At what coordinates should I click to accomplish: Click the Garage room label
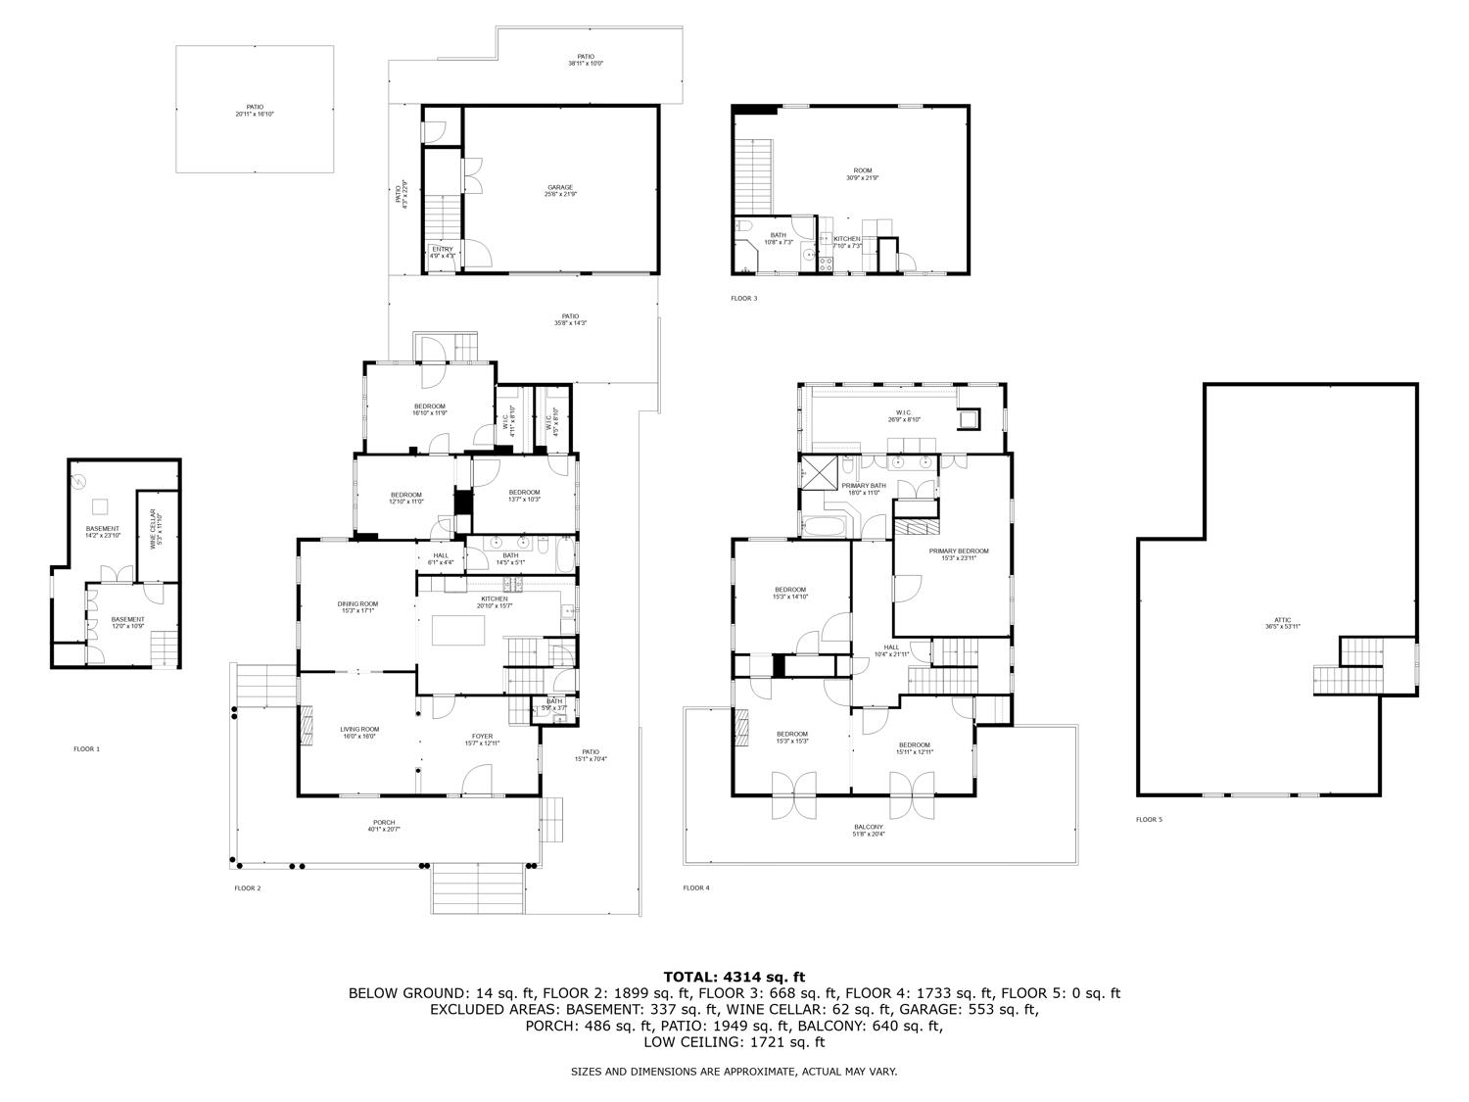[x=560, y=190]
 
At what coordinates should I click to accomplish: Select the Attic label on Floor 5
[x=1282, y=622]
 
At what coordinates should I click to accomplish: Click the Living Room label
[x=359, y=732]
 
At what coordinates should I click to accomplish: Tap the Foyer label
[x=482, y=739]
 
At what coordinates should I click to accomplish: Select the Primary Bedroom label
[x=958, y=553]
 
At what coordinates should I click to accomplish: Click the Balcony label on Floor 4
[x=868, y=830]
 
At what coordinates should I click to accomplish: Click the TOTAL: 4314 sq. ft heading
[x=734, y=976]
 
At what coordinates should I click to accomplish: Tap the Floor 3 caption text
[x=743, y=298]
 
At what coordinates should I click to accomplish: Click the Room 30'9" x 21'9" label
[x=863, y=173]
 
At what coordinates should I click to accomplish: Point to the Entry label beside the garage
[x=443, y=252]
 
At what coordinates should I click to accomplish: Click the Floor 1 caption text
[x=86, y=749]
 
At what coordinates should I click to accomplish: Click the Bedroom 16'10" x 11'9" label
[x=429, y=408]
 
